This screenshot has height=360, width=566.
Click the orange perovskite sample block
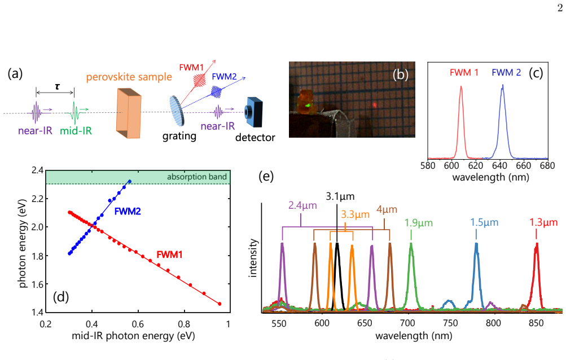[x=129, y=113]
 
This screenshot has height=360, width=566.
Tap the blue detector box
[x=253, y=112]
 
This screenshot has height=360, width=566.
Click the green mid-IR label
[x=76, y=131]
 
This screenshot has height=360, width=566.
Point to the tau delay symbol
[x=57, y=87]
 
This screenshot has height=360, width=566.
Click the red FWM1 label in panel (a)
[x=191, y=68]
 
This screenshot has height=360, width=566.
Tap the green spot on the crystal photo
[x=308, y=106]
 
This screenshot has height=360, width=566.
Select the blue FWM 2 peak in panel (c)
[x=502, y=122]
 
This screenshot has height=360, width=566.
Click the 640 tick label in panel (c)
[x=499, y=166]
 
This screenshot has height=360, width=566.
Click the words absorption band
[x=197, y=177]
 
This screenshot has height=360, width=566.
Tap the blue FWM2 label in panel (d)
[x=128, y=212]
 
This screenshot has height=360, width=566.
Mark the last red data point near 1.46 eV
[x=220, y=304]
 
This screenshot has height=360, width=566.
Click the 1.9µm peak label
[x=418, y=223]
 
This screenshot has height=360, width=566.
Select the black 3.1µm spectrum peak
[x=337, y=276]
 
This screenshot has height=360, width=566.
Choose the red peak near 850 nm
[x=537, y=276]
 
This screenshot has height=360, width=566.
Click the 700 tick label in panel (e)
[x=407, y=323]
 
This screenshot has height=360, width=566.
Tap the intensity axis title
[x=253, y=258]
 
